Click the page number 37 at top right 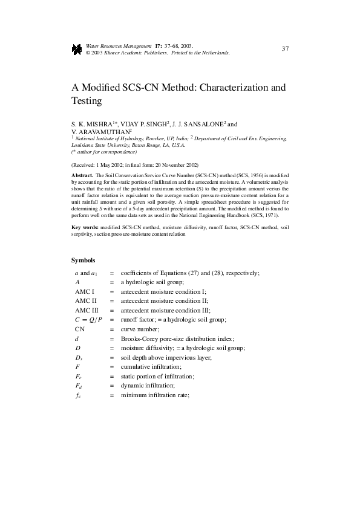tap(285, 49)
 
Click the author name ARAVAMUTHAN tap(103, 131)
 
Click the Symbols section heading tap(83, 261)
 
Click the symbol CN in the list tap(79, 329)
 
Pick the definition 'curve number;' tap(140, 329)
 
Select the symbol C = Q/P tap(88, 319)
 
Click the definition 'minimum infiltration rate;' tap(155, 395)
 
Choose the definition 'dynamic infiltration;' tap(148, 386)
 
